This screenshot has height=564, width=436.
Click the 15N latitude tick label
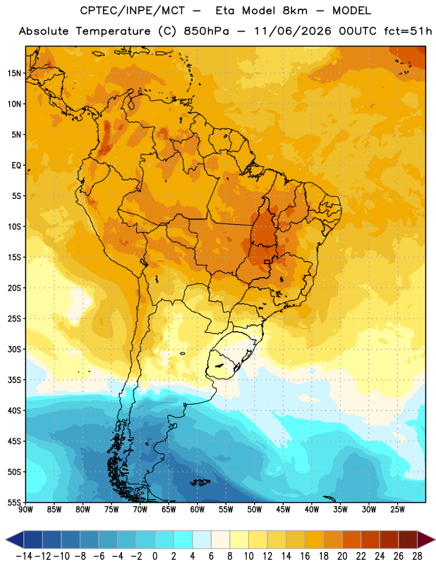(14, 73)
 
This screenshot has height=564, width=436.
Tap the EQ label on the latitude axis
(16, 166)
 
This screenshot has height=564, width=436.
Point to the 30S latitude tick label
(14, 349)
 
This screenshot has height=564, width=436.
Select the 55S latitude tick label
(14, 503)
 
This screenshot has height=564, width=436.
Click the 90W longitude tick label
(26, 510)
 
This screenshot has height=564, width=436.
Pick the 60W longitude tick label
(198, 510)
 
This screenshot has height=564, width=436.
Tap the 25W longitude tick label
(397, 510)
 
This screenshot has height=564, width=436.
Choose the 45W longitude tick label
(283, 510)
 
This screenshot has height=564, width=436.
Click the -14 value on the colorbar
(24, 556)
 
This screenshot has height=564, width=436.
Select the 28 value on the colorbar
(417, 556)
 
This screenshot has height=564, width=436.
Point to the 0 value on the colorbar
(155, 556)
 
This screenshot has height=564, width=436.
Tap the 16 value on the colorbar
(305, 556)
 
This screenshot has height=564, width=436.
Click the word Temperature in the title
(113, 31)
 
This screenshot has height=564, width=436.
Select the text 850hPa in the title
(206, 31)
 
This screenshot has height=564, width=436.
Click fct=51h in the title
(408, 31)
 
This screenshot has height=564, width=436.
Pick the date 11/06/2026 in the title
(292, 31)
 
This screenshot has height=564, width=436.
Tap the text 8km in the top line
(295, 11)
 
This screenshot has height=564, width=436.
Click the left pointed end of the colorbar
(6, 540)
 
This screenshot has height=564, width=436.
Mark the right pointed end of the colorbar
(434, 540)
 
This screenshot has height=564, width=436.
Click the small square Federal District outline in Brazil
(267, 262)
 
